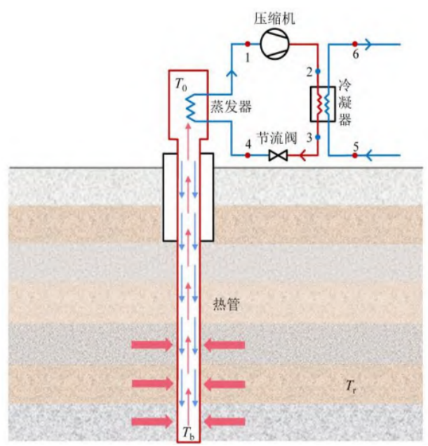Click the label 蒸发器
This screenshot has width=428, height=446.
coord(230,106)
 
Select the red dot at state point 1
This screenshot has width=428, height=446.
coord(247,44)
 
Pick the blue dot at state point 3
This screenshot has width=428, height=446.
coord(317,137)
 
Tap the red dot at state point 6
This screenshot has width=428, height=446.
coord(356,44)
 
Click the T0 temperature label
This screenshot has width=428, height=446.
coord(180,85)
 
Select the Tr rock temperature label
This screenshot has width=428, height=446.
coord(349,385)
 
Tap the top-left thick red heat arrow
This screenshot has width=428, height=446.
coord(151,345)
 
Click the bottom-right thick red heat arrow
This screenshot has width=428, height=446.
coord(225,421)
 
